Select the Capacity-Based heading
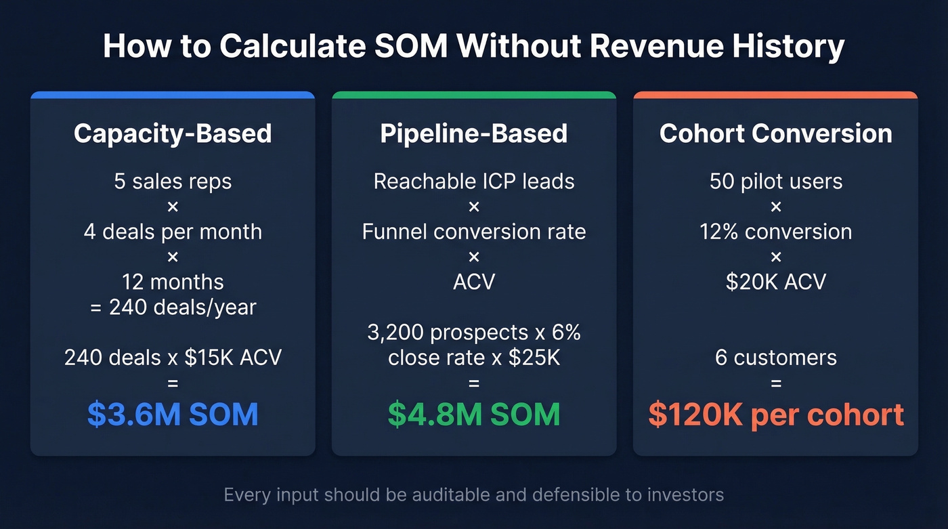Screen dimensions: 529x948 (173, 133)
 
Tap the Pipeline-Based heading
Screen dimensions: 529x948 (474, 133)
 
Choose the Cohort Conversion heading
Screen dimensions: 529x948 (775, 133)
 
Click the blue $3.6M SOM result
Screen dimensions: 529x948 (173, 415)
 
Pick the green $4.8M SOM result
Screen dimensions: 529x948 (474, 415)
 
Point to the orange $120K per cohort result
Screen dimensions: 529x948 (775, 415)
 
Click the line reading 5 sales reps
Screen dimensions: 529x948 (173, 182)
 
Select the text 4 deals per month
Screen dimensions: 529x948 (173, 232)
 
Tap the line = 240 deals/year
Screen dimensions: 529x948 (173, 307)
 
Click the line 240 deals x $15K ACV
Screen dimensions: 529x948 (173, 357)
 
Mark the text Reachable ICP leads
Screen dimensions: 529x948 (474, 182)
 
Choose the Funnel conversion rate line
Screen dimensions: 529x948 (474, 232)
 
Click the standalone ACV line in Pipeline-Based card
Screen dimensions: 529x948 (474, 281)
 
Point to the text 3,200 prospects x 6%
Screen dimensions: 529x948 (474, 333)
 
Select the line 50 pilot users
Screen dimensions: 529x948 (775, 182)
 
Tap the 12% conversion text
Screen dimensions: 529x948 (775, 232)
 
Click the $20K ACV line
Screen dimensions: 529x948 (775, 281)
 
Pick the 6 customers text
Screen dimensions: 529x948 (775, 357)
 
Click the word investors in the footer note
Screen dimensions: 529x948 (685, 495)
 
